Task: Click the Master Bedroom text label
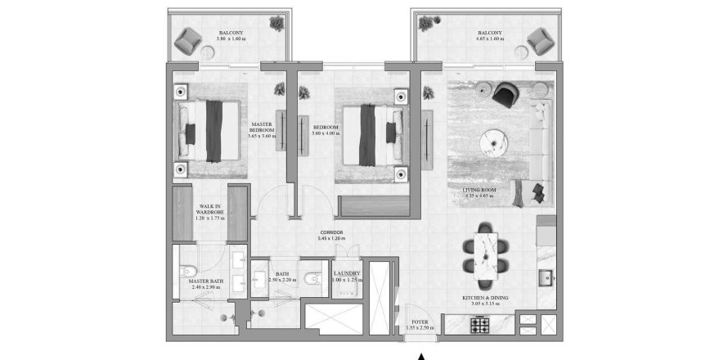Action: click(x=262, y=130)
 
